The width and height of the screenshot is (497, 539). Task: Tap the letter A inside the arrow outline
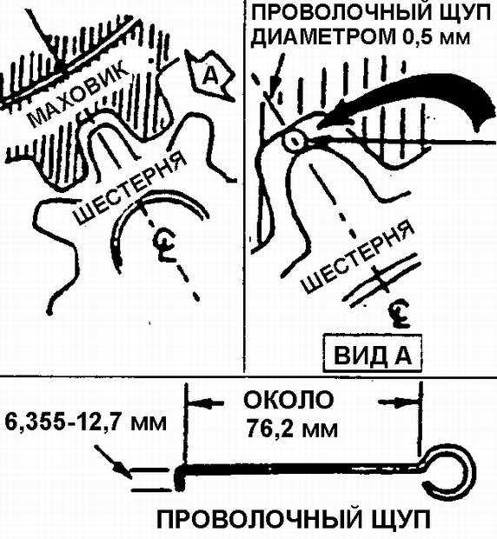tap(209, 76)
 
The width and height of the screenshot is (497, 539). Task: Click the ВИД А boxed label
tap(373, 355)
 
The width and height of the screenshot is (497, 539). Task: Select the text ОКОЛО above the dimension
tap(288, 401)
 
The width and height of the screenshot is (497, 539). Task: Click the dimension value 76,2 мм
tap(292, 428)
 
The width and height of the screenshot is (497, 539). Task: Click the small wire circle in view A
tap(294, 141)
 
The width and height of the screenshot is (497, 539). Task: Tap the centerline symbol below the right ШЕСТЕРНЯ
tap(400, 314)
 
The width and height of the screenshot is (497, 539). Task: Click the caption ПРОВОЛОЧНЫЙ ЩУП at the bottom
tap(293, 522)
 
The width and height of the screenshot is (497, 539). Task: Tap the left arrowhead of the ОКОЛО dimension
tap(201, 403)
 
